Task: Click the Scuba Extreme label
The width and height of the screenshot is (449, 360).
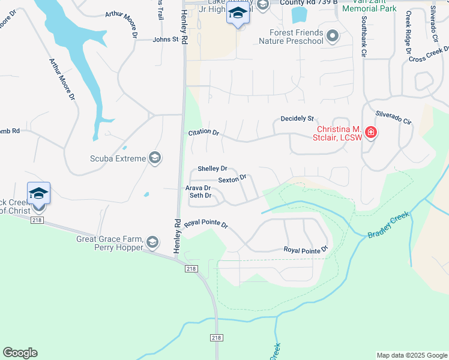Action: (118, 158)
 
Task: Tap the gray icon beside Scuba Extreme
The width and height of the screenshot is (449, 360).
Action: (155, 158)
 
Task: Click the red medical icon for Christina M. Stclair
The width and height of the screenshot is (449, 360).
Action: (371, 133)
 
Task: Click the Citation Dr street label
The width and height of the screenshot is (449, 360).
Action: (203, 132)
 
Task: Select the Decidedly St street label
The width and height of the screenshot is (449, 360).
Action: (297, 119)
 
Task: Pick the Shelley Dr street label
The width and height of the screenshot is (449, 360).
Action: (212, 169)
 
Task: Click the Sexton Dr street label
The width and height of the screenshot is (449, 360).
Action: (232, 179)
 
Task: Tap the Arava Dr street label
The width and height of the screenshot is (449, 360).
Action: (197, 188)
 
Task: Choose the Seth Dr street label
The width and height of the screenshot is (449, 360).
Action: (200, 196)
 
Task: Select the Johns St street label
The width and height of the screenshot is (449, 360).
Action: (166, 40)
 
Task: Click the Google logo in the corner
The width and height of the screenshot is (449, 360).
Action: (20, 353)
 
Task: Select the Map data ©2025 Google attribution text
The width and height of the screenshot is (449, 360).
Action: (411, 355)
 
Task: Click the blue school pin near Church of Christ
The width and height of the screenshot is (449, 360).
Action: (38, 194)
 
